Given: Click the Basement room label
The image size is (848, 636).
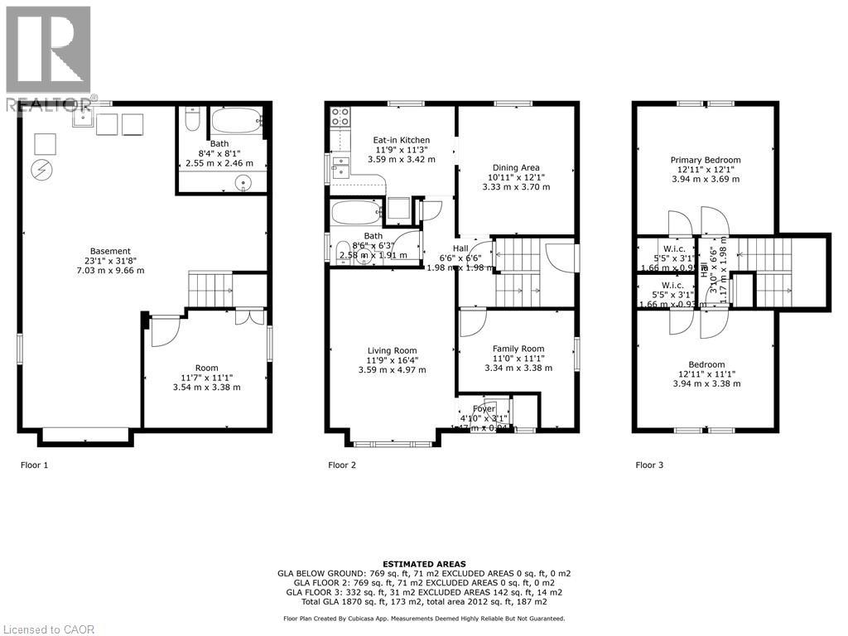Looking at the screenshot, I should [x=110, y=251].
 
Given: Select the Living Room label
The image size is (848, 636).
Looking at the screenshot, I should [x=392, y=350].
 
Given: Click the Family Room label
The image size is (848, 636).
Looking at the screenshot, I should [x=518, y=349].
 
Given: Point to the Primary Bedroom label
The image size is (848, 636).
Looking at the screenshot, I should [x=706, y=160].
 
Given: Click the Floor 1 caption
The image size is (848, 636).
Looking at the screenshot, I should [x=34, y=465].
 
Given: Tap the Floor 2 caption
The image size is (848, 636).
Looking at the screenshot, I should [x=342, y=465].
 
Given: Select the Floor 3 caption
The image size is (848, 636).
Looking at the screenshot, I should [x=649, y=465].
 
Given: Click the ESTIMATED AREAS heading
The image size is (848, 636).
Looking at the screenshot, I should [x=423, y=564].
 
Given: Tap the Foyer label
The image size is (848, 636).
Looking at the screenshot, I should [x=484, y=409].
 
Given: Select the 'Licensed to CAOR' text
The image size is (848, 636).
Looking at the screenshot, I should [x=49, y=629].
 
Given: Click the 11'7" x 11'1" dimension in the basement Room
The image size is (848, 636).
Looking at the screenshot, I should [x=206, y=378].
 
